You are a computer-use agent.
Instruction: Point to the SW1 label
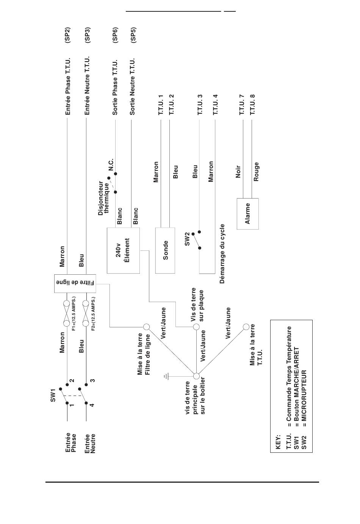53,395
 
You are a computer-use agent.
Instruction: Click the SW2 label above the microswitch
187,239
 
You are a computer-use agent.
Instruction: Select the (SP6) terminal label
115,35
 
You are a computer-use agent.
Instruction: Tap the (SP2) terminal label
67,35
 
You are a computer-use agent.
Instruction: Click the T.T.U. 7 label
242,105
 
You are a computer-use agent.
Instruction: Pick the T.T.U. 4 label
215,105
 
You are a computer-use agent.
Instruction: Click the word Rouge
257,172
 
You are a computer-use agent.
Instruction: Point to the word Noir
238,172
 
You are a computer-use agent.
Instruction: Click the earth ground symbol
166,376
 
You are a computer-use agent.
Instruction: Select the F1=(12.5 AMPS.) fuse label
74,314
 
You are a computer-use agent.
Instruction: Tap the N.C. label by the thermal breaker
111,164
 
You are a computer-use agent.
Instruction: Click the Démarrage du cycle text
222,254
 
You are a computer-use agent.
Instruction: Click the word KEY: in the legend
278,442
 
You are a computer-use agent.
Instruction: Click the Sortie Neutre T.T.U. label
132,86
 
